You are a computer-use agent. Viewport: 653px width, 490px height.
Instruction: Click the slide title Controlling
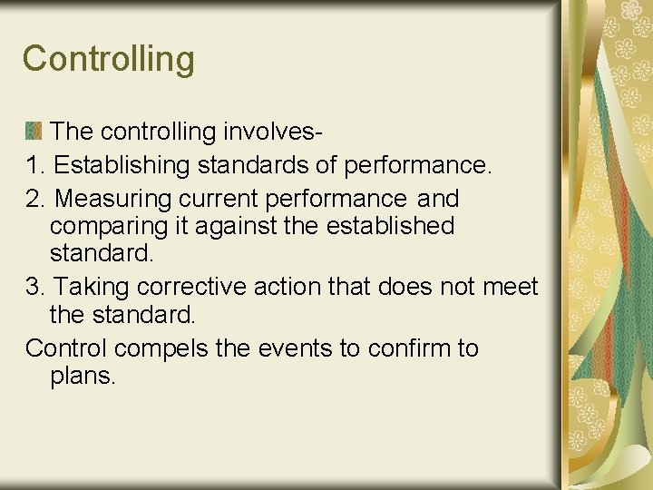tap(109, 59)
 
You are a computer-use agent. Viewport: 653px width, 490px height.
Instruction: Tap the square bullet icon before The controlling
tap(33, 131)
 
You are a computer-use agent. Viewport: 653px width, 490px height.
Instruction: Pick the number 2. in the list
tap(37, 199)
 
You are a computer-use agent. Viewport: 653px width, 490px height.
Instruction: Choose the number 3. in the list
tap(36, 288)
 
